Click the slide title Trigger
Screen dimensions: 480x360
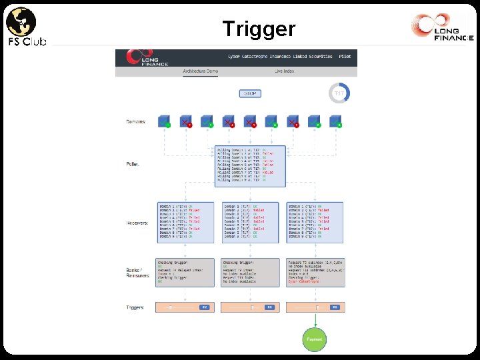click(259, 29)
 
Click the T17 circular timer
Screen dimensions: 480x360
click(339, 93)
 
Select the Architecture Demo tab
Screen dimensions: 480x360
click(201, 71)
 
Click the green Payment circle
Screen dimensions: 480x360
click(315, 339)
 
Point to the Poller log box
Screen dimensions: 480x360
click(250, 165)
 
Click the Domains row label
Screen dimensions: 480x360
click(136, 122)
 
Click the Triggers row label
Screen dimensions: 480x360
click(136, 307)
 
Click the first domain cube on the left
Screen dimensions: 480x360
click(163, 121)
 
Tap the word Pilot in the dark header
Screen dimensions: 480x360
click(345, 57)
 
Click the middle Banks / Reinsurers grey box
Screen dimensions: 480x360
click(250, 273)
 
